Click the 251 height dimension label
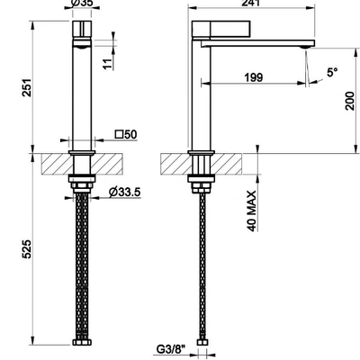click(x=27, y=87)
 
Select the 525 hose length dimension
click(x=27, y=248)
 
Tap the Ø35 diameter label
click(x=82, y=3)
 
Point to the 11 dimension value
click(x=108, y=63)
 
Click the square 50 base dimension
click(x=126, y=134)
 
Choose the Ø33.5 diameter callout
click(x=125, y=192)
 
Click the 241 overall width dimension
click(x=251, y=3)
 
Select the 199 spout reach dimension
click(x=254, y=77)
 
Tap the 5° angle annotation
click(x=332, y=72)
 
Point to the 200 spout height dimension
click(x=350, y=102)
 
